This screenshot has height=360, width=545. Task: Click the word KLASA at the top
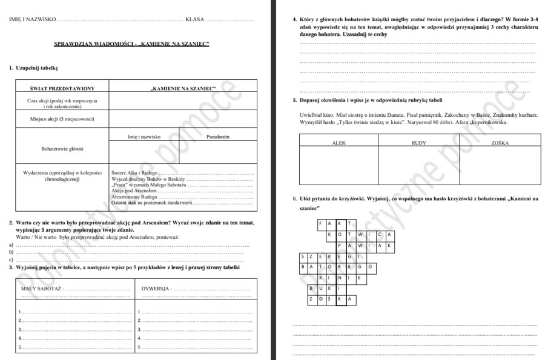coord(194,19)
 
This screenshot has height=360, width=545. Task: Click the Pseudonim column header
coord(218,137)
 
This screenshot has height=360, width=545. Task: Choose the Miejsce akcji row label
coord(62,119)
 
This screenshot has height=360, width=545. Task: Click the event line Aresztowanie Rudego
coord(134,197)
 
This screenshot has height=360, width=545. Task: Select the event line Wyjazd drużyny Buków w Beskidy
coord(148,179)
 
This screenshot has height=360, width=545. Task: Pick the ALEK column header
coord(339,143)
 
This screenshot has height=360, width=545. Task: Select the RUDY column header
coord(418,143)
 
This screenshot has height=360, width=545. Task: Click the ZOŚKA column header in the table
coord(500,143)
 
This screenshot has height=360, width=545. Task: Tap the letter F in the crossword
coord(321,223)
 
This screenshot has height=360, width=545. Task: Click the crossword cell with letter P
coord(340,246)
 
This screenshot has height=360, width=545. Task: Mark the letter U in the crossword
coord(321,288)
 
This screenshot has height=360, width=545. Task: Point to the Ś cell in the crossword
coord(331,299)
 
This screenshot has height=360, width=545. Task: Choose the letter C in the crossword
coord(380,235)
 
